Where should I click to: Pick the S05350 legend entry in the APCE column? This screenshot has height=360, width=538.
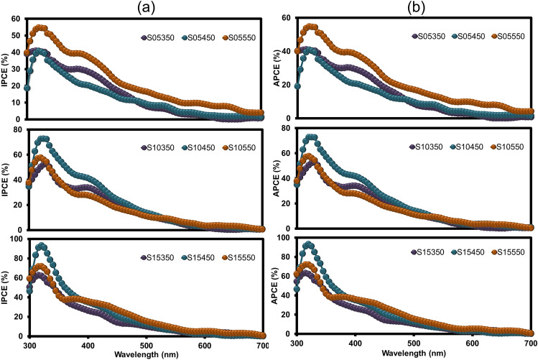pos(431,35)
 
